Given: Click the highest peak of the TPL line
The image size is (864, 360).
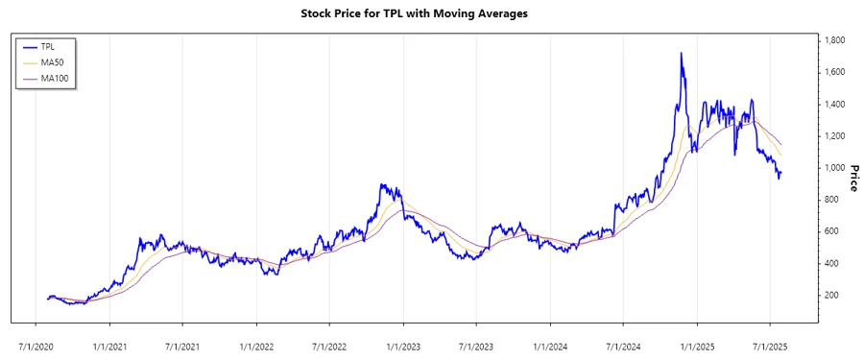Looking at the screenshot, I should (681, 54).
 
